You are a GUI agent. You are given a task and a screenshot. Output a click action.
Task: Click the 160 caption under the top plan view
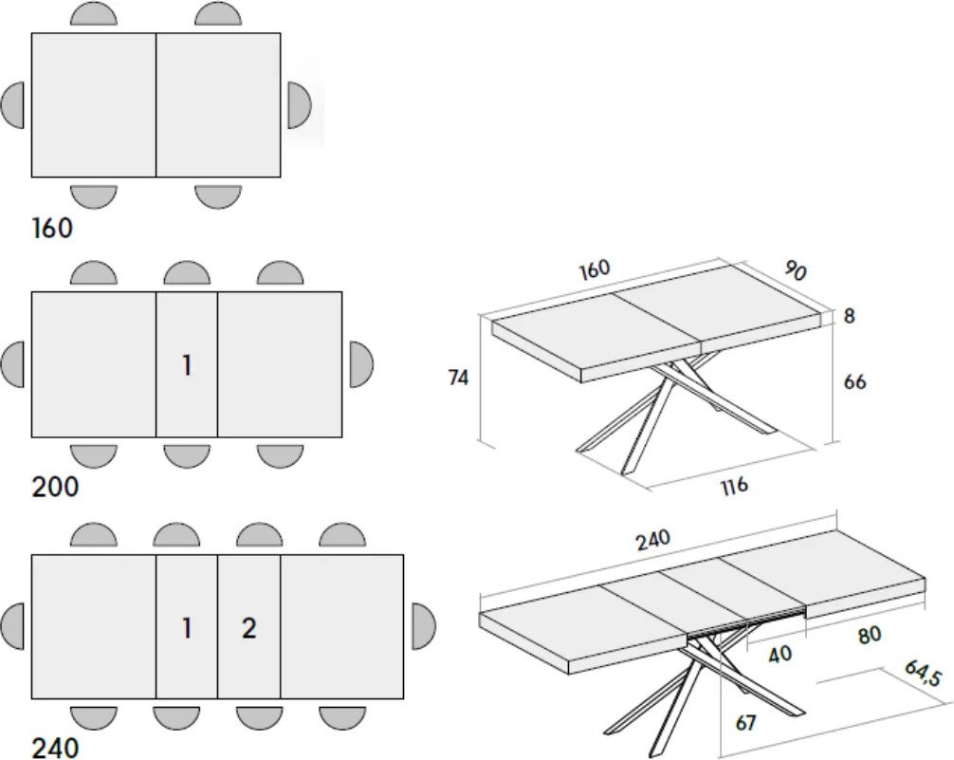click(x=52, y=228)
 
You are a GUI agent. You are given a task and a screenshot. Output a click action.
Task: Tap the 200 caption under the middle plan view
click(x=55, y=487)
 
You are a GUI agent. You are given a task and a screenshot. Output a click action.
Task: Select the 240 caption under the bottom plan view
click(x=55, y=748)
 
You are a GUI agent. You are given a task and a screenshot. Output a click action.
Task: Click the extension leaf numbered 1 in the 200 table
click(x=187, y=364)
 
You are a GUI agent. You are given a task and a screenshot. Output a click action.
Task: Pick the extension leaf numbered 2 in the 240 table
click(x=248, y=626)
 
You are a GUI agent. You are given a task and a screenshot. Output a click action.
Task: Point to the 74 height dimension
click(x=458, y=379)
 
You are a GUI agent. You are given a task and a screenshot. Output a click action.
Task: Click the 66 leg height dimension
click(x=854, y=381)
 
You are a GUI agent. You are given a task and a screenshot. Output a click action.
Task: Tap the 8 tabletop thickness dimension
click(x=850, y=316)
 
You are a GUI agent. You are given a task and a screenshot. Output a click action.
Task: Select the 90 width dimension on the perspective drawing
click(x=796, y=269)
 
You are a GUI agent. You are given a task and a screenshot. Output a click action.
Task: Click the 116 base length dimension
click(x=734, y=487)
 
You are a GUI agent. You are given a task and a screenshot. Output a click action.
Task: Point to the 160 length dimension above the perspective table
click(x=594, y=269)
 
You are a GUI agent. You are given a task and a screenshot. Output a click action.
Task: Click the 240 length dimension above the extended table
click(x=653, y=540)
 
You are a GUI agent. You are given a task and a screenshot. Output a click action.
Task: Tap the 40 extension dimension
click(x=780, y=655)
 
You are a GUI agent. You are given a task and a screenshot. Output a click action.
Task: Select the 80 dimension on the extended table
click(x=869, y=635)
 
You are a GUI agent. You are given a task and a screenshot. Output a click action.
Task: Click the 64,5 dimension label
click(x=923, y=673)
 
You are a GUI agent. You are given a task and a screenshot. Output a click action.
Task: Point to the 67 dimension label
click(x=745, y=723)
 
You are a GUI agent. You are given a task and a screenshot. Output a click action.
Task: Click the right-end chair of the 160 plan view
click(x=300, y=105)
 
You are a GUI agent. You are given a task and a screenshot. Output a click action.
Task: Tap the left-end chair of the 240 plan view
click(x=12, y=626)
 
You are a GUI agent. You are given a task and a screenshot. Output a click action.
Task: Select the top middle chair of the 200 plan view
click(x=187, y=273)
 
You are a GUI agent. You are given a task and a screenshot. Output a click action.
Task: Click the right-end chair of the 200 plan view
click(x=361, y=364)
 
